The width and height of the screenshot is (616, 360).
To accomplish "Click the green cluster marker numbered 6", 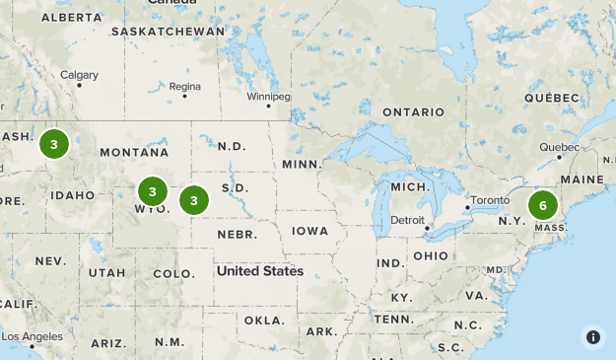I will (x=542, y=206).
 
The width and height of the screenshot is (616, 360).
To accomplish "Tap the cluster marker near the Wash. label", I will (x=53, y=145).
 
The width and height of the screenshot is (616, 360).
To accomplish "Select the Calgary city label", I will (x=79, y=75).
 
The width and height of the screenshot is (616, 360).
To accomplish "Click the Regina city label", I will (x=184, y=87).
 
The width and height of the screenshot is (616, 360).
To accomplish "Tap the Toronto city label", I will (x=490, y=200).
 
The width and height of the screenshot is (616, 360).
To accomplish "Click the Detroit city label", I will (x=407, y=219).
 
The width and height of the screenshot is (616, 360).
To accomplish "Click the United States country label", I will (x=260, y=270).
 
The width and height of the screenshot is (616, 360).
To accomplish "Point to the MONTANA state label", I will (x=134, y=152).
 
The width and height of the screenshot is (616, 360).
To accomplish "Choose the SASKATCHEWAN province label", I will (x=169, y=32).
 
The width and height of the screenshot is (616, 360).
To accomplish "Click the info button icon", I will (x=593, y=337).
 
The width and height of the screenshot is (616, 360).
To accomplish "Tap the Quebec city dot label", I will (x=553, y=147).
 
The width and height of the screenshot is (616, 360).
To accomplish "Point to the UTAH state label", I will (x=106, y=272).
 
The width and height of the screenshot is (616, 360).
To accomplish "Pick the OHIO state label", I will (x=430, y=255).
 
